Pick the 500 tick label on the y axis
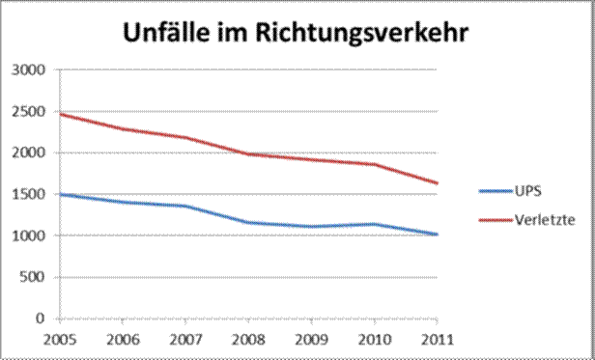(x=35, y=278)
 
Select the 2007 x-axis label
(x=184, y=338)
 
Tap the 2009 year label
(x=311, y=338)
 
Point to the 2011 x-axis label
(x=437, y=338)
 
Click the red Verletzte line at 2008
(x=248, y=153)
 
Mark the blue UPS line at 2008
(x=248, y=222)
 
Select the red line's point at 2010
(x=374, y=164)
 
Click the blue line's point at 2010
(x=374, y=224)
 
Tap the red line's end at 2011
(x=437, y=183)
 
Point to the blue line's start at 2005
(x=60, y=194)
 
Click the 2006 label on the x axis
(x=122, y=338)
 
